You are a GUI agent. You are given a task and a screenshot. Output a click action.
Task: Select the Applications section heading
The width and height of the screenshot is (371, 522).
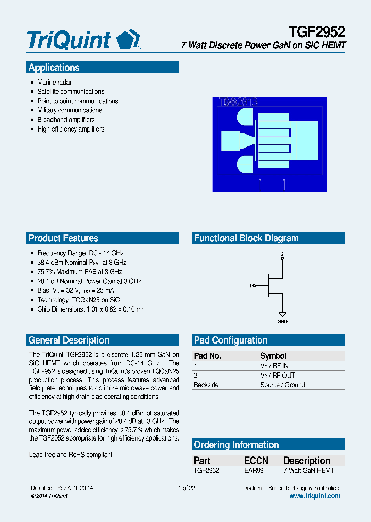[54, 68]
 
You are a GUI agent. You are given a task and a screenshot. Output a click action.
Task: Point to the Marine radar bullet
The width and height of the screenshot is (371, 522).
[54, 83]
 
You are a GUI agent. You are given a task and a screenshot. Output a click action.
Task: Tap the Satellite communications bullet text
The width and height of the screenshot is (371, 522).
[71, 92]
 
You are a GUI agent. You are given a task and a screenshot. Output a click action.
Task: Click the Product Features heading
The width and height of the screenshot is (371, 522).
[63, 238]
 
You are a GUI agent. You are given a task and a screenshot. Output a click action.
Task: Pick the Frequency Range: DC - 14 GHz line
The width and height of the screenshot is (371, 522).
[80, 253]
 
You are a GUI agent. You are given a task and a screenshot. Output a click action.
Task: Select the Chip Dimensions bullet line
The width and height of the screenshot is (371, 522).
[92, 309]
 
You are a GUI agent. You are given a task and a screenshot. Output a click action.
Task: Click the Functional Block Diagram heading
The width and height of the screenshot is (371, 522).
[246, 238]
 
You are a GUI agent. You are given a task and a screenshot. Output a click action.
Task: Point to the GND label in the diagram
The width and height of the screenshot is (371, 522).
[282, 322]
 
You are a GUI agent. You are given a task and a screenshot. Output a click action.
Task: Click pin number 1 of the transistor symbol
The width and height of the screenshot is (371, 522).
[250, 286]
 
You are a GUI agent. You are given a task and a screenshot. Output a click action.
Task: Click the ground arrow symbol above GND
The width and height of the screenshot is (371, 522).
[282, 314]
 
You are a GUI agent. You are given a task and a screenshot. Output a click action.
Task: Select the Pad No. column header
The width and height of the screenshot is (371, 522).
[207, 356]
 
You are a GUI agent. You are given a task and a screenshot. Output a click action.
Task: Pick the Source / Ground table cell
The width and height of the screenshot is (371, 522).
[282, 385]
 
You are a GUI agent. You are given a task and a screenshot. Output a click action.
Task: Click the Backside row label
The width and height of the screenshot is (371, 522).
[206, 385]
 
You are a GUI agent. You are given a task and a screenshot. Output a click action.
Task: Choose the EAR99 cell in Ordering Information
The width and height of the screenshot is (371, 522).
[254, 470]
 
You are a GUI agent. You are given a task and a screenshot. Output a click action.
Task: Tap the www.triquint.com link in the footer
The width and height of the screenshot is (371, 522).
[314, 496]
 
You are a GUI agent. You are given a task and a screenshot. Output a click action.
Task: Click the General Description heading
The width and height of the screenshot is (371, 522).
[69, 340]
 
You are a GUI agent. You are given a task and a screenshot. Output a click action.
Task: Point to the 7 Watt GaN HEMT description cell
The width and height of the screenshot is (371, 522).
[309, 470]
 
